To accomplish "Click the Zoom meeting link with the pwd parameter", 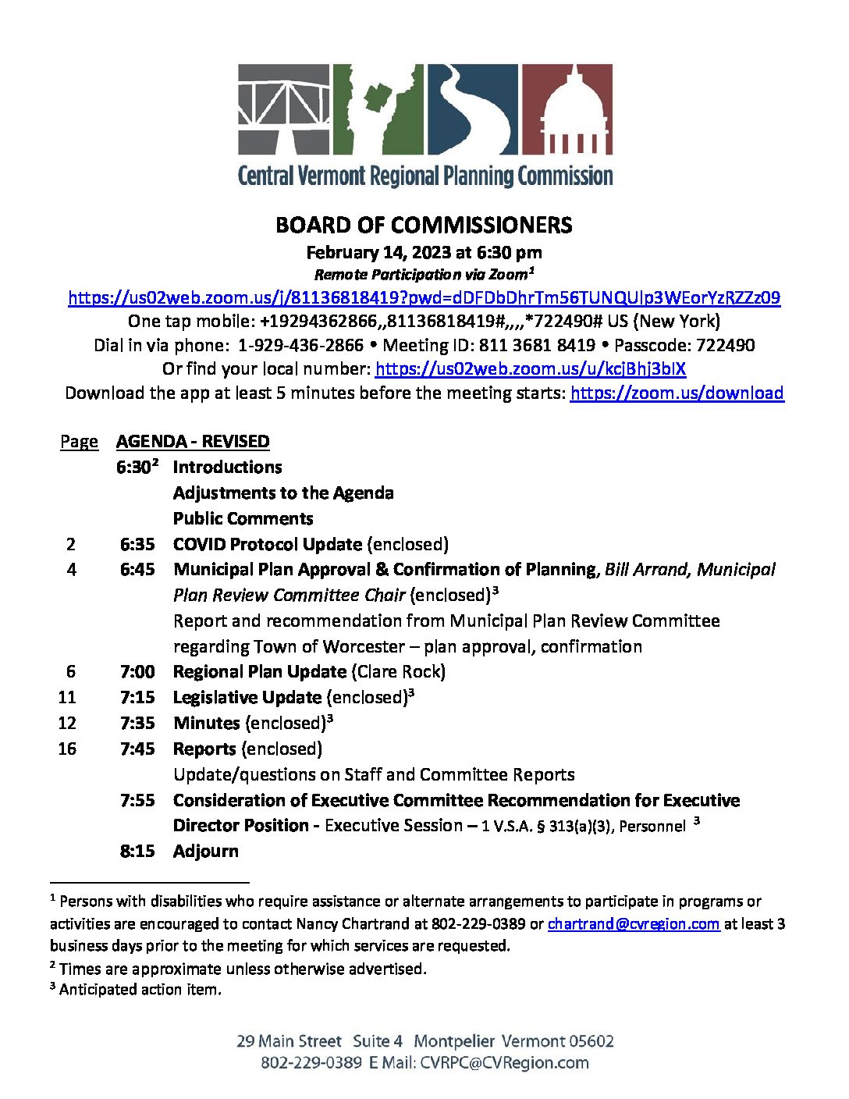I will point(424,297).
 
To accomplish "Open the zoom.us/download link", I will point(677,393).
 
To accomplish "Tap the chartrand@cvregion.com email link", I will point(633,923).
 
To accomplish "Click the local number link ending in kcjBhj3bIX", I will point(530,368).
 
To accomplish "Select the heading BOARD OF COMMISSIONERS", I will point(424,226).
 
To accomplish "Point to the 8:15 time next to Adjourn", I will point(137,851).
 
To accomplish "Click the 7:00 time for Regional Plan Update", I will point(137,671).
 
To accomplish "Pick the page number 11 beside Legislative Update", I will point(67,697).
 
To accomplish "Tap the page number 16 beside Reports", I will point(67,749).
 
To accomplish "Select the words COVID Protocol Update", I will point(268,544).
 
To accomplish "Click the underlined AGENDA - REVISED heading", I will point(193,442).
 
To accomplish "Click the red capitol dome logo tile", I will point(567,109).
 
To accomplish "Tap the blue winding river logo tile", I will point(472,109).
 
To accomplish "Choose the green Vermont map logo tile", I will point(378,109).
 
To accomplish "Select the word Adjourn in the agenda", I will point(206,851).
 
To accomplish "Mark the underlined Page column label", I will point(79,442).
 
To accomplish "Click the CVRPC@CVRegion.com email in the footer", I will point(504,1062).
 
